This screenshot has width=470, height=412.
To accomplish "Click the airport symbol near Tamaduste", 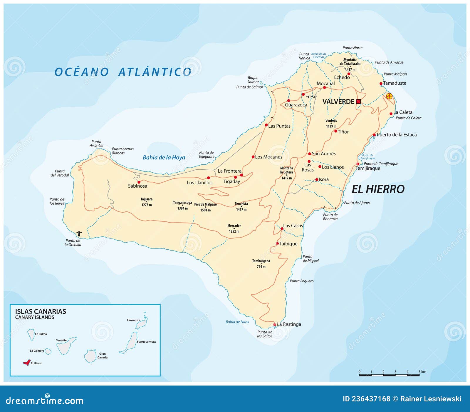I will pos(389,96).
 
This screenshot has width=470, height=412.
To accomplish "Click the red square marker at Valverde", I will pos(358,101).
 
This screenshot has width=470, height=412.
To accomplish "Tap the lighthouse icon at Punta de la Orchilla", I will pos(79,234).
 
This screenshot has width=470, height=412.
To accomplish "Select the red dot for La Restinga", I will pos(275,325).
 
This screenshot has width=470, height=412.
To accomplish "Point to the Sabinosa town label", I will pos(137,186).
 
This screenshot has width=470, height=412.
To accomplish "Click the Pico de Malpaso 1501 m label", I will pos(205,207).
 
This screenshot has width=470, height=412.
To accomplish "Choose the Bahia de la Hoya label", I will pos(164,157).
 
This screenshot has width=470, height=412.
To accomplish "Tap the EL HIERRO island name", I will pos(378,189).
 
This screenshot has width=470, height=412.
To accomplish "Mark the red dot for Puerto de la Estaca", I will pos(374,135).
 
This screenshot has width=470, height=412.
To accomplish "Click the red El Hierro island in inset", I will pos(27,363).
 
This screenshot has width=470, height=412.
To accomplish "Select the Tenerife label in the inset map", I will pos(61,340).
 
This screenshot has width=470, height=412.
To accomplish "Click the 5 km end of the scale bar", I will pos(419,375).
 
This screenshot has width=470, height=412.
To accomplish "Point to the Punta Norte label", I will pos(352,48).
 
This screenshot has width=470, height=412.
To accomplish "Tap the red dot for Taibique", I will pos(277,243).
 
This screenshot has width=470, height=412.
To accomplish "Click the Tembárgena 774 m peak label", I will pos(261,263).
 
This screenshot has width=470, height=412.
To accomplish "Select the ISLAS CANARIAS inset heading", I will pos(41,311).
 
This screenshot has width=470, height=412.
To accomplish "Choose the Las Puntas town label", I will pos(279,126).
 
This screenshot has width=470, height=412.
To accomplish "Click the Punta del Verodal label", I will pos(60,173).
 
